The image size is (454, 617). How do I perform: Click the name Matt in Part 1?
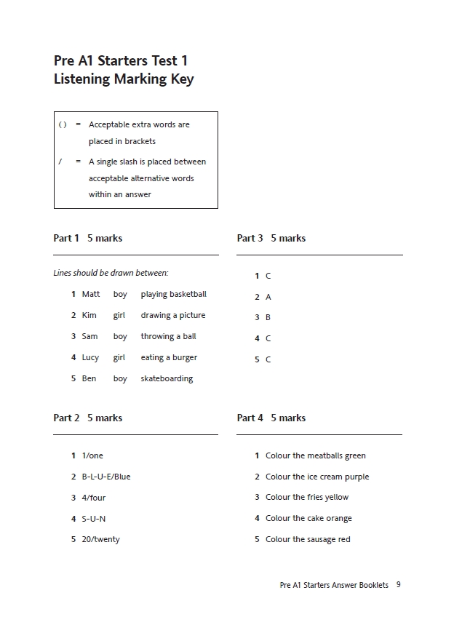91,294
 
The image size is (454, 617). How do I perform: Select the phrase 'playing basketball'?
173,294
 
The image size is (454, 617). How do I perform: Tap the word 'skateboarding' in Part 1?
167,378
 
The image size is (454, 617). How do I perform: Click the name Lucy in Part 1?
90,357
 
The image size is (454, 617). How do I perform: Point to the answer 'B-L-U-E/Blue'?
106,477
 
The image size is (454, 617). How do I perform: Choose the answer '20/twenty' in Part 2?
101,539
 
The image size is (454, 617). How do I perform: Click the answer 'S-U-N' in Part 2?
94,519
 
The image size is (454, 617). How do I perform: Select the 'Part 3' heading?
250,238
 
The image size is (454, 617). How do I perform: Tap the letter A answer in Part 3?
268,297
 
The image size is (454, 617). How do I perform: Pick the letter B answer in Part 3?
268,317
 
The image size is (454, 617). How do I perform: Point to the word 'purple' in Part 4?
357,477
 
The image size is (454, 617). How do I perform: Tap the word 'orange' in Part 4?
339,518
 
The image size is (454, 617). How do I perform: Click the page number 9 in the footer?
399,584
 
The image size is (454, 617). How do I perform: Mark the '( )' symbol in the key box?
63,124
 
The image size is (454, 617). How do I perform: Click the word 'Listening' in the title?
82,79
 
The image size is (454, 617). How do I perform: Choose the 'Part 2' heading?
66,418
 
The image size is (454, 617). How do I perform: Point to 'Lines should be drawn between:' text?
111,273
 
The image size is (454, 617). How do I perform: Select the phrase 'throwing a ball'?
168,336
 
